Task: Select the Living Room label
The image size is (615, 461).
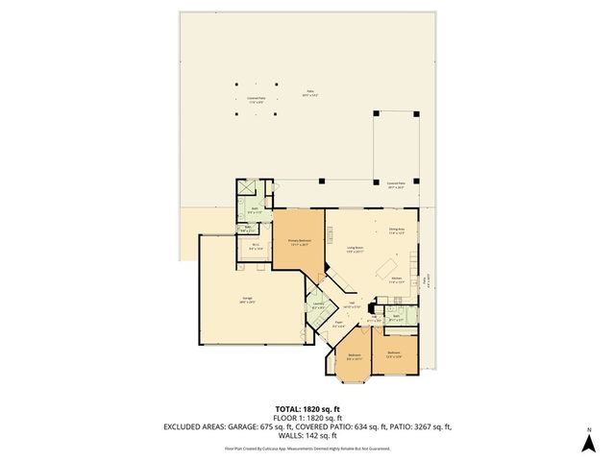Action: pos(355,250)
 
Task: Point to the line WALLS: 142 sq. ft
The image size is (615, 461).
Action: pos(307,436)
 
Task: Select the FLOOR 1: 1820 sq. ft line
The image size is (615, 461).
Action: pos(307,418)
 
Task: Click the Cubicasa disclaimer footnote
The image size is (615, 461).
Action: pos(307,448)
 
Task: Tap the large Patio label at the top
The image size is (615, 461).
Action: pos(309,92)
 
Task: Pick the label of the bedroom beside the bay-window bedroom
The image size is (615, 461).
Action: pos(394,354)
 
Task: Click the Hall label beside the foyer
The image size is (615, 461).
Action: pos(352,304)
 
